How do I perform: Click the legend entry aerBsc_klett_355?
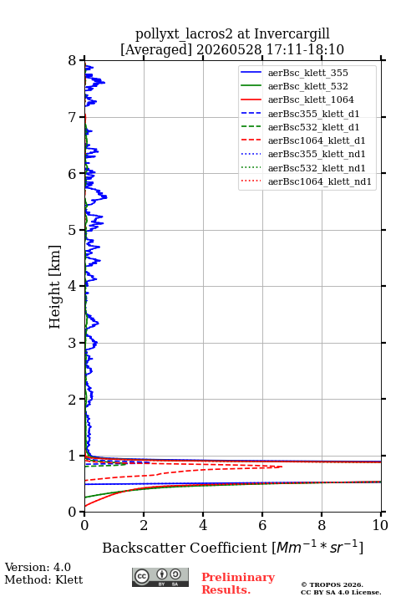tap(294, 73)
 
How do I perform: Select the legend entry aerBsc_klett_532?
tap(294, 86)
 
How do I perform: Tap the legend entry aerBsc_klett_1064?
tap(297, 99)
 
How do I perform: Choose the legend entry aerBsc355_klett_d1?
tap(300, 114)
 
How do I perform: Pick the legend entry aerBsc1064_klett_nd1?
tap(306, 181)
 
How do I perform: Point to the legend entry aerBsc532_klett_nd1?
tap(302, 168)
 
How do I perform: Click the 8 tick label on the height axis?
tap(72, 60)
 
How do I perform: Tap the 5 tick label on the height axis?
tap(72, 230)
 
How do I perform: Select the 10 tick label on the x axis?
tap(380, 525)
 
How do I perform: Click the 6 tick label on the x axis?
tap(262, 525)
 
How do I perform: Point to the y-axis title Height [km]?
tap(54, 287)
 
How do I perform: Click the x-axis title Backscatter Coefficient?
tap(184, 548)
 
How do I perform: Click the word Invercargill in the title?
tap(292, 34)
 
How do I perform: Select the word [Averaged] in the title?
tap(156, 50)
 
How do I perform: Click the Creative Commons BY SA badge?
tap(160, 577)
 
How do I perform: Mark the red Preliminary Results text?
tap(238, 584)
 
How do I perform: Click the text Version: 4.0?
tap(38, 567)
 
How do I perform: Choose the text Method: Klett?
tap(43, 579)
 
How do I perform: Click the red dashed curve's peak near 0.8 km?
tap(282, 467)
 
